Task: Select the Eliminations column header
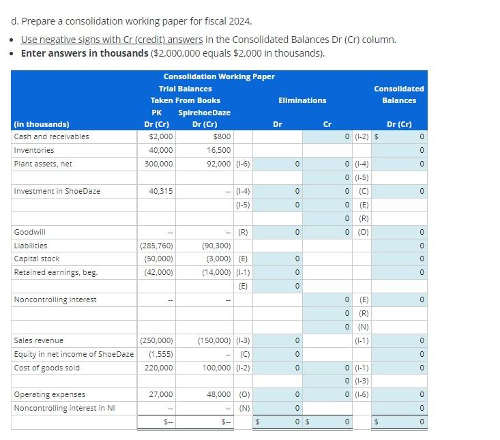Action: pos(302,100)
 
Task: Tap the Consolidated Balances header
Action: pos(398,94)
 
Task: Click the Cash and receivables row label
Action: pos(51,136)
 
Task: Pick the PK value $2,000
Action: pos(161,136)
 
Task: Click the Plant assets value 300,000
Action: pos(158,164)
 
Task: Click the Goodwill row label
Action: pos(31,232)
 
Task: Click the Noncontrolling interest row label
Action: pos(55,299)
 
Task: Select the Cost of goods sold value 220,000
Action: pos(158,368)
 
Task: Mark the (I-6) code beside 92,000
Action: pos(243,164)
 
